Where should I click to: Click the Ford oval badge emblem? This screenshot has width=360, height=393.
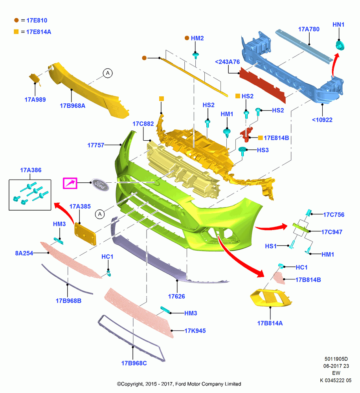coord(100,185)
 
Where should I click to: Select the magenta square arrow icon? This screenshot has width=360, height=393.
coord(70,183)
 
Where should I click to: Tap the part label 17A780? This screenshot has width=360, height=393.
coord(309,29)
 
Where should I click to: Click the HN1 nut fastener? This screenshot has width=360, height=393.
coord(340,46)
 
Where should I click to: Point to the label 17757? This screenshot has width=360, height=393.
coord(96,145)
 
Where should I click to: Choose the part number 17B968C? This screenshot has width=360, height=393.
coord(134,363)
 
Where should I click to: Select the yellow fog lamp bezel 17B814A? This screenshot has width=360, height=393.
coord(270,298)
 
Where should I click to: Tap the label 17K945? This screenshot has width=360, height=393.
coord(195,331)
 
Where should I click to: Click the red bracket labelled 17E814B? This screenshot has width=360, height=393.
coord(247,134)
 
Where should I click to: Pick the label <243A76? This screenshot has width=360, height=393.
coord(228,62)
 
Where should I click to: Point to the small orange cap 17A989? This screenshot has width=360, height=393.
coord(35,79)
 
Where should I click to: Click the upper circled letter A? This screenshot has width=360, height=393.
coord(108,73)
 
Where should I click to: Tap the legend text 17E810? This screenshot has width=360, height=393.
coord(37,20)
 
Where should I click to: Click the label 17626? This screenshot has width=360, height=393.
coord(176,296)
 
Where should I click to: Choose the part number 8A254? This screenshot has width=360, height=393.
coord(24,253)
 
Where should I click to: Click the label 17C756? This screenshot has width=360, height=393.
coord(334,215)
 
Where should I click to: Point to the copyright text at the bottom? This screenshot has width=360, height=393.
coord(179,384)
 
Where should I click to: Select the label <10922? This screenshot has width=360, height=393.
coord(322,120)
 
